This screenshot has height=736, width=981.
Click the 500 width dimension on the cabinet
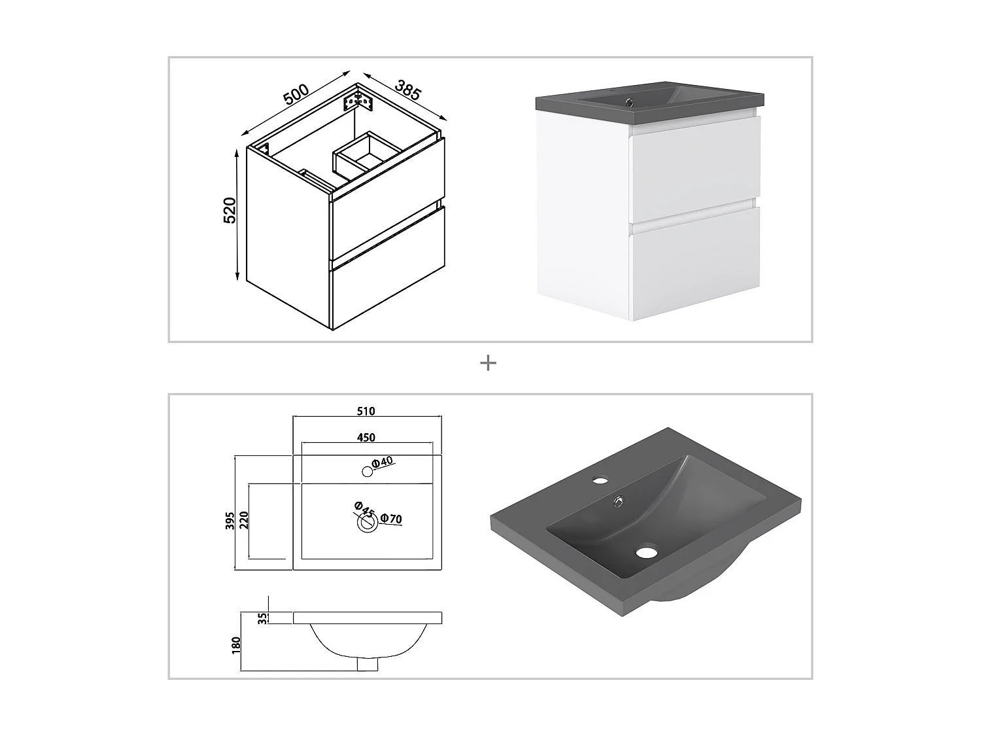296,94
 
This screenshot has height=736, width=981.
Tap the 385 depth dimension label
408,90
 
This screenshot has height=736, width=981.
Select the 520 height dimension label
230,210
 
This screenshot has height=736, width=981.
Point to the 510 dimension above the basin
366,411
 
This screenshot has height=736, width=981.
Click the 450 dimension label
366,438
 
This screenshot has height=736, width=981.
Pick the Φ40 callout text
383,462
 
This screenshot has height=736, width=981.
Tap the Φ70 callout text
391,519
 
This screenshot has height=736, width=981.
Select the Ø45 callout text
364,509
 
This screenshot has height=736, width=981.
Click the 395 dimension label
230,521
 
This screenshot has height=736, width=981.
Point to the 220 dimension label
244,520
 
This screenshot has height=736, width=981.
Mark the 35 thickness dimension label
263,618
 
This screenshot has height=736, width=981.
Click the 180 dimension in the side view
237,646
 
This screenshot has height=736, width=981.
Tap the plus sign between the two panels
488,363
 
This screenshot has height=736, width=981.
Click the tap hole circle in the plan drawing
368,472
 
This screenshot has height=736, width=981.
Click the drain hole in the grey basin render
647,552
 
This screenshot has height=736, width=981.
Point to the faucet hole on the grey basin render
600,481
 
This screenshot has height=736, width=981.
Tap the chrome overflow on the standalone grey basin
619,502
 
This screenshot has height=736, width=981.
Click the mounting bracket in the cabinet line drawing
358,101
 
